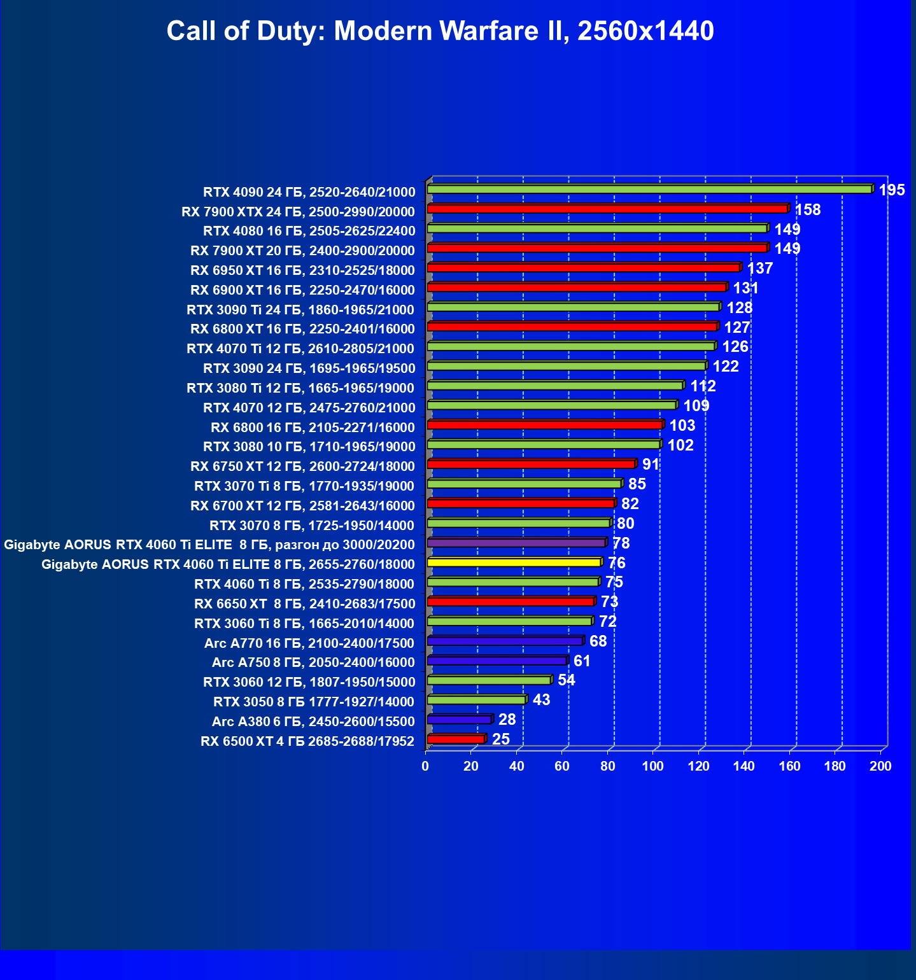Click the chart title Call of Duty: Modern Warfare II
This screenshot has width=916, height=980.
[440, 31]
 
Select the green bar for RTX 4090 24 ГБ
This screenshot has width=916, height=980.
[649, 189]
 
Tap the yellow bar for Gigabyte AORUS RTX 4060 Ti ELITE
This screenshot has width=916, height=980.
[514, 562]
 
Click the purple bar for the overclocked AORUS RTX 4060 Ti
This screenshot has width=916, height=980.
[516, 543]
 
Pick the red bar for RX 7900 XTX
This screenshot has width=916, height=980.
[607, 209]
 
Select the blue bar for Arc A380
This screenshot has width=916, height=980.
[460, 719]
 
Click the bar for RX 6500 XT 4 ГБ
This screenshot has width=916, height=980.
[456, 739]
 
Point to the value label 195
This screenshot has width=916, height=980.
[891, 190]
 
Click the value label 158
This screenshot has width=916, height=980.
[807, 210]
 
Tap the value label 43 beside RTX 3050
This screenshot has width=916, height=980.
[541, 700]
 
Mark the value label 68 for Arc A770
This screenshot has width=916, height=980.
[598, 641]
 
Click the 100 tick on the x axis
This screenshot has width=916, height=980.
[652, 766]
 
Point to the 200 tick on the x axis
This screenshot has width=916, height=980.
[880, 766]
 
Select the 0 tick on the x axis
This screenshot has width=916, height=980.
[425, 766]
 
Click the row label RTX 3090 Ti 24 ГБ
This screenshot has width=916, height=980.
[300, 310]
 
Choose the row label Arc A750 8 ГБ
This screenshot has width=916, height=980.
[313, 662]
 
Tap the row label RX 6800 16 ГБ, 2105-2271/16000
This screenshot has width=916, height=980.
[313, 428]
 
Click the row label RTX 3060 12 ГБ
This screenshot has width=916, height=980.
[309, 682]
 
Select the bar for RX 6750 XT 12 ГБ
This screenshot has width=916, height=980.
[531, 464]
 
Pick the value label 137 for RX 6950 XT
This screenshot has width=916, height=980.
[759, 269]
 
